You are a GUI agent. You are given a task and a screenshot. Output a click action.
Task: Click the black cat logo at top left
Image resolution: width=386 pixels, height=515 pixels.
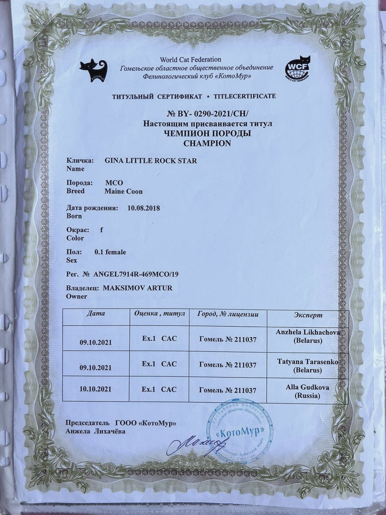(93, 71)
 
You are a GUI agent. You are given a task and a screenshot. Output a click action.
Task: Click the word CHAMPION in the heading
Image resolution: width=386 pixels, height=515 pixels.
(207, 143)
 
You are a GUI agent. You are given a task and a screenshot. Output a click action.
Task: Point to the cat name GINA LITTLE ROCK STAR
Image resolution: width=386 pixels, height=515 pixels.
(151, 161)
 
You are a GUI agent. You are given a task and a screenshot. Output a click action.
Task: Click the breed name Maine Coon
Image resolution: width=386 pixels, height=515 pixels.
(123, 192)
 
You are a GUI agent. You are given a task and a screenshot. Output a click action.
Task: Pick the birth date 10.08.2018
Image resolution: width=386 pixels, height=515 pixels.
(144, 208)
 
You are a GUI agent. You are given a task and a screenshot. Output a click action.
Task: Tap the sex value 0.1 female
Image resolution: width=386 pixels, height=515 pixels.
(110, 252)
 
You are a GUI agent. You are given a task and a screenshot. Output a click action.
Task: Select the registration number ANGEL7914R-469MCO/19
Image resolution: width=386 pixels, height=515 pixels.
(136, 274)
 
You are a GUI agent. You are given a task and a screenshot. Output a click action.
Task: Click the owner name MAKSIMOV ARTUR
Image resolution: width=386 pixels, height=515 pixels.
(138, 288)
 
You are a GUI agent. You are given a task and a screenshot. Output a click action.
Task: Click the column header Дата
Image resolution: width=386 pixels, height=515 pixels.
(96, 313)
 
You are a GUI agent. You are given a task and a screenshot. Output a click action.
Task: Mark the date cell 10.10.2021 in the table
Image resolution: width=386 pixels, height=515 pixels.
(96, 390)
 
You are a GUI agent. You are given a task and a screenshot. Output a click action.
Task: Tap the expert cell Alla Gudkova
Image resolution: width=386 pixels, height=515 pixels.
(308, 391)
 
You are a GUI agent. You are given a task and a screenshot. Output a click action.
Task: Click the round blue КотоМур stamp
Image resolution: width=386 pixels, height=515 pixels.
(240, 430)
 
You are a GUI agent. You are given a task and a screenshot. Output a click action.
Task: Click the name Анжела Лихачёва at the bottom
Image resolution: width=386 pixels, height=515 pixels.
(95, 431)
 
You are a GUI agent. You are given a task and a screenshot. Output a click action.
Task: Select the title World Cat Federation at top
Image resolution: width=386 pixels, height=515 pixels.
(191, 60)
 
